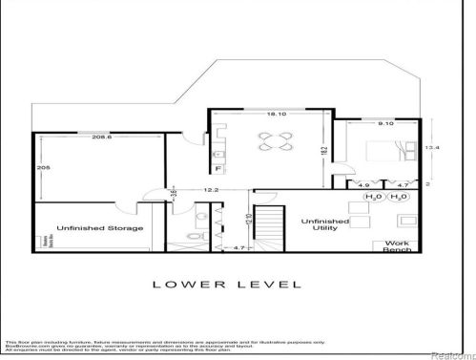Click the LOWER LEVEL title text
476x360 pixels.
pyautogui.click(x=227, y=284)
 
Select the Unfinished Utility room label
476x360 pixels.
pyautogui.click(x=325, y=224)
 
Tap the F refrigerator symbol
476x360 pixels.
pyautogui.click(x=217, y=168)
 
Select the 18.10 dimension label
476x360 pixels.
pyautogui.click(x=276, y=115)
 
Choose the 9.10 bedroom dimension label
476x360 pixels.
pyautogui.click(x=384, y=123)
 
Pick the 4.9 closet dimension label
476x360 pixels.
pyautogui.click(x=362, y=183)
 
